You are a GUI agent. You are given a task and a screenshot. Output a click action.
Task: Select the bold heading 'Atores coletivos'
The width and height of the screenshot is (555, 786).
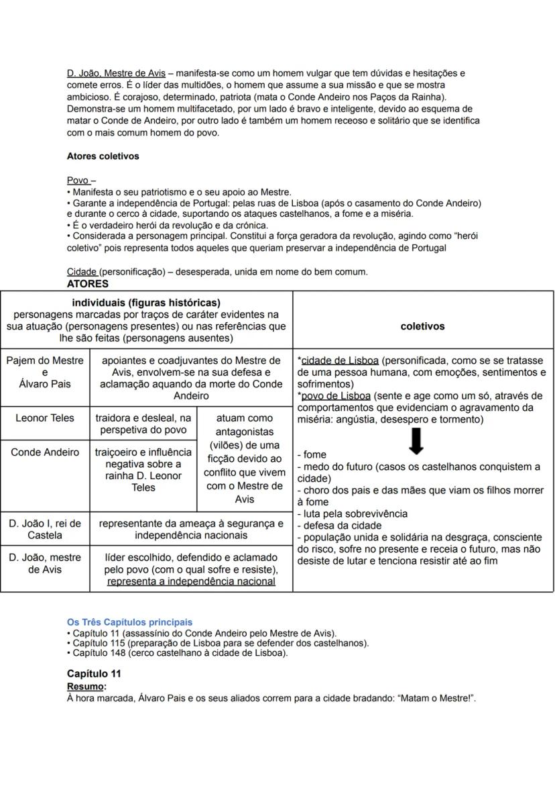103,156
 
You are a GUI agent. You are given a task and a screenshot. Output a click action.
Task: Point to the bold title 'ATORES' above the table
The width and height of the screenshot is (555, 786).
87,284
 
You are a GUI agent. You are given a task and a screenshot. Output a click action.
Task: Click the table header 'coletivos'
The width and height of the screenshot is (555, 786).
422,326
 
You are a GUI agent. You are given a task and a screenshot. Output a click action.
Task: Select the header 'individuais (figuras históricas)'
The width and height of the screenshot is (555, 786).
146,303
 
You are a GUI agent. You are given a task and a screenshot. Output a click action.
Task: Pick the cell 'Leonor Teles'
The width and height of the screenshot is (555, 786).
45,417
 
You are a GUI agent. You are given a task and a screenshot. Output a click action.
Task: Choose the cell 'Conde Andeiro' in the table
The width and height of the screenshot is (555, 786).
45,452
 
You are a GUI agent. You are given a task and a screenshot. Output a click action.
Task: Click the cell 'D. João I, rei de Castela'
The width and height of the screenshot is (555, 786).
45,529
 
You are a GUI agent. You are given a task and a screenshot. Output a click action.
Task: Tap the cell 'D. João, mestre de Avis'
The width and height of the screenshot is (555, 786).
45,563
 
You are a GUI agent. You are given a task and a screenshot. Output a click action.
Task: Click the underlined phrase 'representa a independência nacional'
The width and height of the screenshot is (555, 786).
191,581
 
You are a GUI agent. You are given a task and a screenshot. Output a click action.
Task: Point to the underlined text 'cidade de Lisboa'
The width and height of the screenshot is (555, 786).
340,360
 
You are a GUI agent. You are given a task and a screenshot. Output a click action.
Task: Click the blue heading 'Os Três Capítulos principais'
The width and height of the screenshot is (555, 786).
129,622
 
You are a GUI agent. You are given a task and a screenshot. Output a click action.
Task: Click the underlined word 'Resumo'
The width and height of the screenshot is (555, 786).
85,687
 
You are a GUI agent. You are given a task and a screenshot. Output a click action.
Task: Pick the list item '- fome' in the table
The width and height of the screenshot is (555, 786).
312,454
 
